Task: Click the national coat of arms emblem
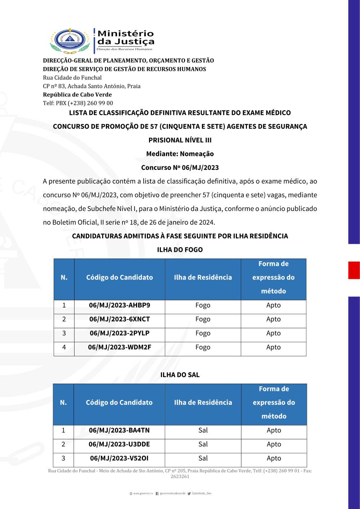tap(70, 40)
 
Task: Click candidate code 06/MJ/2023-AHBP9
tap(120, 305)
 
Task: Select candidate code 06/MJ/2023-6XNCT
tap(120, 319)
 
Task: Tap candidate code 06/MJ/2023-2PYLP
tap(120, 333)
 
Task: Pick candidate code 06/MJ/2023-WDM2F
tap(120, 347)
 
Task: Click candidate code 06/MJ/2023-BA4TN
tap(119, 430)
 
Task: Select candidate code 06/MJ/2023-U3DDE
tap(119, 444)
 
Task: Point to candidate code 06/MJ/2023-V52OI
tap(119, 458)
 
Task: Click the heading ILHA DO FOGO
tap(180, 250)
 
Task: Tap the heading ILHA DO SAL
tap(180, 375)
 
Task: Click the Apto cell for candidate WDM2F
tap(273, 347)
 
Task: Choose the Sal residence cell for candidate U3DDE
tap(203, 444)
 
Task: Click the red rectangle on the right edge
tap(354, 270)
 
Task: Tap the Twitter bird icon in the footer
tap(189, 494)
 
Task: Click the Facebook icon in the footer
tap(157, 494)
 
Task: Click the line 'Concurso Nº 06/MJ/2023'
tap(180, 168)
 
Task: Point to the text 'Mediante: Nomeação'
tap(180, 154)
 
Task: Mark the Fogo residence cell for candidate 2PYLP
tap(203, 333)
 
